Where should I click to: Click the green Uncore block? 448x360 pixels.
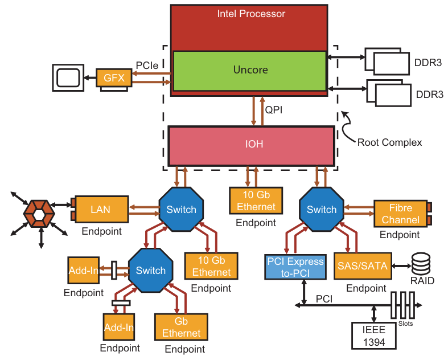[x=250, y=71]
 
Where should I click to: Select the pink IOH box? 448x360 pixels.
[x=250, y=145]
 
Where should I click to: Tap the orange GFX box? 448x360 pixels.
[x=114, y=77]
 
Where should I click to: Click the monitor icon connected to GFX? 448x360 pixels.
[x=68, y=77]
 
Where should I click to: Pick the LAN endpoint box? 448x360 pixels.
[x=101, y=210]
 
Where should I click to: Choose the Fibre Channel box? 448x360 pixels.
[x=401, y=213]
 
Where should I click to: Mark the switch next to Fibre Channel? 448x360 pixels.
[x=322, y=210]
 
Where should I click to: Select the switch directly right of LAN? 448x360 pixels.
[x=181, y=210]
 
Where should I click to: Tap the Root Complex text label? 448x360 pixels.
[x=389, y=142]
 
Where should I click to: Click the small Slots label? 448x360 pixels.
[x=405, y=324]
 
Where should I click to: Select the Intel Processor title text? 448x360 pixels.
[x=251, y=14]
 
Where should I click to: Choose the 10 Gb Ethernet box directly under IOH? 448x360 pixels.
[x=252, y=201]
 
